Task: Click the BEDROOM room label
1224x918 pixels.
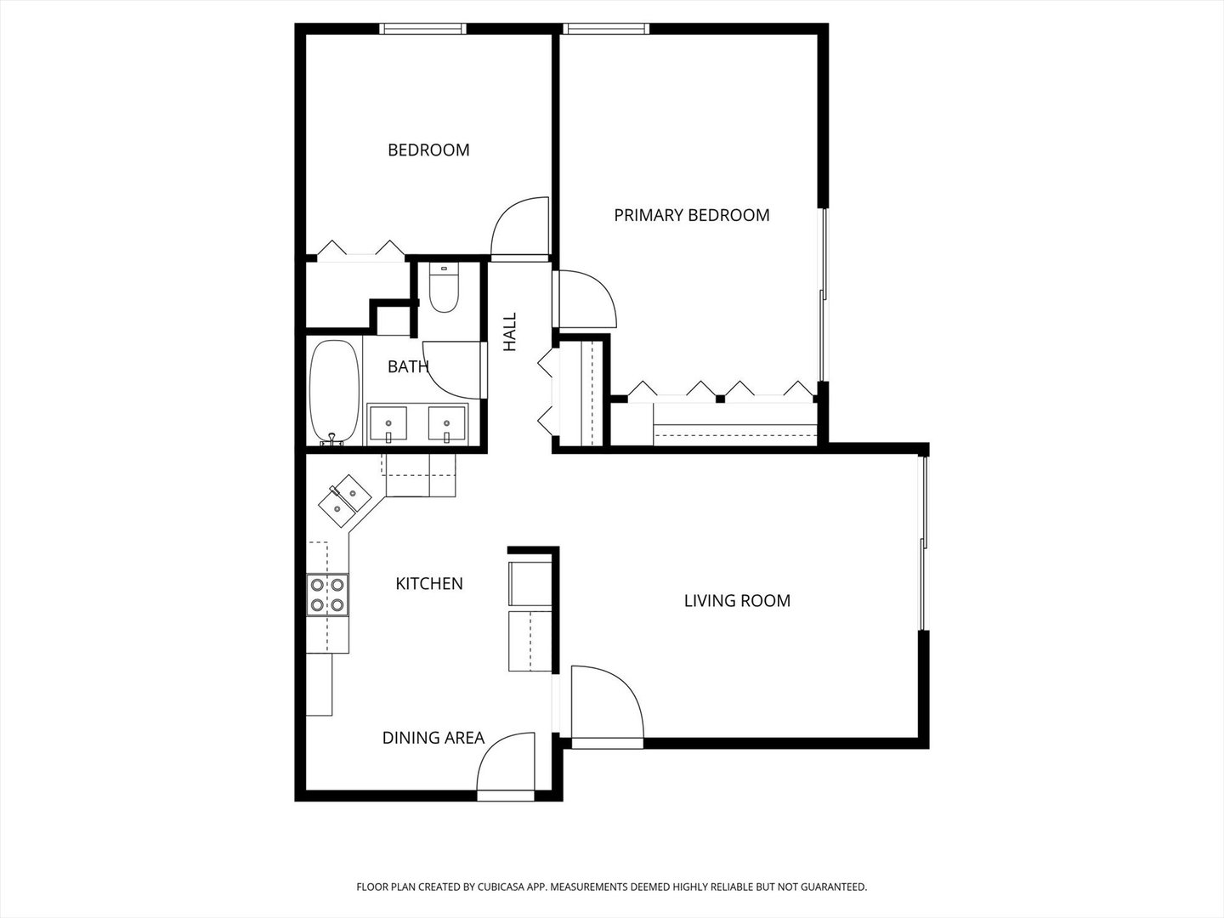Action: [428, 150]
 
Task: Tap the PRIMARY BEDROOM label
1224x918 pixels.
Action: [691, 215]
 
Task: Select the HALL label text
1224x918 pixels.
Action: [510, 332]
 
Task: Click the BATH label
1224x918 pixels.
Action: [408, 367]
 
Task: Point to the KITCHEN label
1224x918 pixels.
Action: [429, 584]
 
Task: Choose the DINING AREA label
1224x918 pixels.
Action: [433, 738]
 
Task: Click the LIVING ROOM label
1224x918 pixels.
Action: [737, 601]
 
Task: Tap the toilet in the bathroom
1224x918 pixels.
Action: [444, 289]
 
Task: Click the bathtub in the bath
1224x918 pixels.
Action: [333, 391]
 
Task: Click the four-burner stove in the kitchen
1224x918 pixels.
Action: [327, 594]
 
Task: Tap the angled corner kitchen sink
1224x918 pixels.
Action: [345, 501]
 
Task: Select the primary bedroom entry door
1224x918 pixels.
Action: [586, 298]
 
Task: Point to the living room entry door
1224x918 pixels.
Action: [606, 705]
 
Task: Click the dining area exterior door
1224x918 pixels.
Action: [506, 765]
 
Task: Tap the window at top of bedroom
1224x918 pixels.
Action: [422, 29]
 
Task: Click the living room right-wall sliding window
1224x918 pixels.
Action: [924, 544]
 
